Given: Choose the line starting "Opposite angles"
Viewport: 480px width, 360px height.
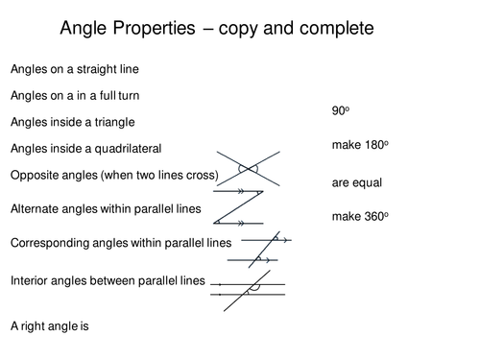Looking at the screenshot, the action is (x=114, y=175).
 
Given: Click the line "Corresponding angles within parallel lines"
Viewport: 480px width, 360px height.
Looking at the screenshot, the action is (x=120, y=243).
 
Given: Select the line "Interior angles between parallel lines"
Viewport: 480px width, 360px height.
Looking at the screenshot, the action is (x=108, y=280).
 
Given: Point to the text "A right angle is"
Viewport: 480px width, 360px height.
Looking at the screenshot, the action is (x=49, y=325).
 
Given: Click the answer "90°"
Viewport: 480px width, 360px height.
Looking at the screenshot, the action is (x=339, y=111).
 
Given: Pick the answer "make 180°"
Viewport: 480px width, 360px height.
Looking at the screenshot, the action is (x=360, y=145).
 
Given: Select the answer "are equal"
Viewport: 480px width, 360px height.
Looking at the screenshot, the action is (x=356, y=180).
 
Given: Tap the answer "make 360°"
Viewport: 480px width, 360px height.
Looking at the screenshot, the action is (x=360, y=216).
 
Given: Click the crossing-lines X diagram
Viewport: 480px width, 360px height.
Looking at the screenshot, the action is (x=249, y=169).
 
